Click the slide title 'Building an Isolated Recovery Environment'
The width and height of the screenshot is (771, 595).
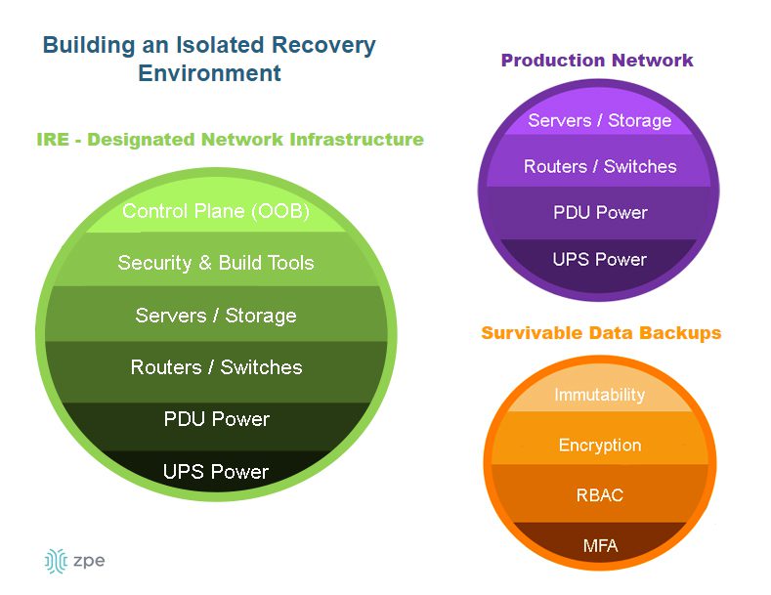point(209,59)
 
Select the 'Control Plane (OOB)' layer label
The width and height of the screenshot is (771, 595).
point(216,211)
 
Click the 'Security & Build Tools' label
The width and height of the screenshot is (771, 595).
point(216,263)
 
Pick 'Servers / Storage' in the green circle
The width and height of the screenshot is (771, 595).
point(216,316)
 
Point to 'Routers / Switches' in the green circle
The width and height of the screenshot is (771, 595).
point(216,367)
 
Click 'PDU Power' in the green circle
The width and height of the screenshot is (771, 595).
point(216,419)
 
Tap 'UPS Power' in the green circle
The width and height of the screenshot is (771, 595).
point(216,472)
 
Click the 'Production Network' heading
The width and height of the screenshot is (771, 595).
point(597,61)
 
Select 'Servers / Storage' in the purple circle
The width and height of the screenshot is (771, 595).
point(600,121)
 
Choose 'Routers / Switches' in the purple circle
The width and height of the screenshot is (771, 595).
point(600,167)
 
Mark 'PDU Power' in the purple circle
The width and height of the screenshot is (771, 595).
point(600,213)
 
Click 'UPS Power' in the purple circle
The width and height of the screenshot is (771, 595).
point(600,260)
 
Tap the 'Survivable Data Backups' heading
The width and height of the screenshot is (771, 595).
point(601,333)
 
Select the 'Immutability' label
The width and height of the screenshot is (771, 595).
point(600,395)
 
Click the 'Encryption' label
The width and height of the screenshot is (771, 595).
point(600,446)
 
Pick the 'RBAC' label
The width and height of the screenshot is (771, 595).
point(600,495)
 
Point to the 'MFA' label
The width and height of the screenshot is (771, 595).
point(600,545)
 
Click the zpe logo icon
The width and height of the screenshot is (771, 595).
point(55,561)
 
